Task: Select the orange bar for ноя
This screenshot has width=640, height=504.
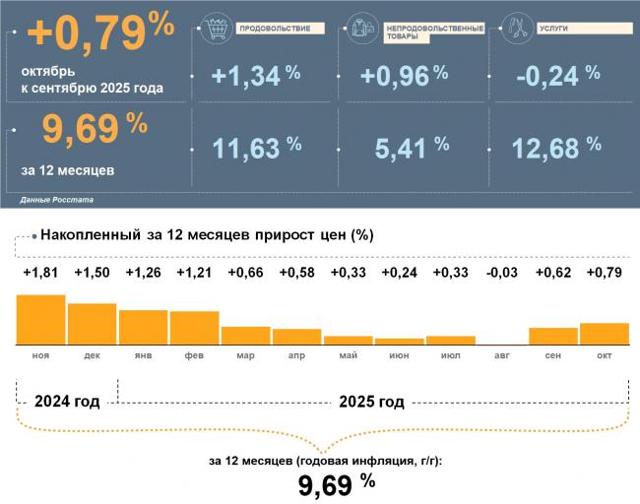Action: [40, 319]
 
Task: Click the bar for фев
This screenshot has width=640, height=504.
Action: [194, 327]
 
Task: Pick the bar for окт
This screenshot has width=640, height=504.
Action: [604, 333]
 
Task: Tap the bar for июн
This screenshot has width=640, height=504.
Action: [399, 341]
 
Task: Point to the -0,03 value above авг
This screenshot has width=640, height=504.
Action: [501, 273]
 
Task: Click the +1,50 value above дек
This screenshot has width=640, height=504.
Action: [92, 273]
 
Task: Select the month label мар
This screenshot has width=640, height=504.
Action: [245, 353]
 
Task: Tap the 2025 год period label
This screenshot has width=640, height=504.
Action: [371, 402]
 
